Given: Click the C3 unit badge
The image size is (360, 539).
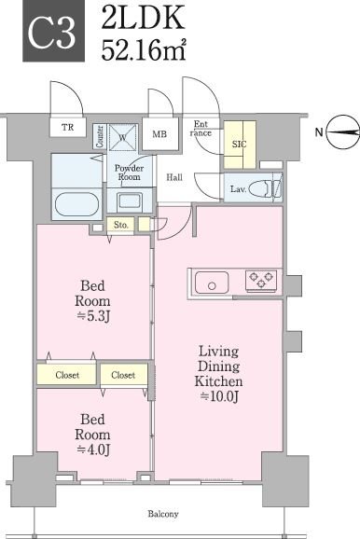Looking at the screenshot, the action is click(x=54, y=31).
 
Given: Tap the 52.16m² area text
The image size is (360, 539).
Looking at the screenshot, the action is click(x=144, y=50).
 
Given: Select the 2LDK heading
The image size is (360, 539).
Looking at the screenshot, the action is click(x=143, y=19).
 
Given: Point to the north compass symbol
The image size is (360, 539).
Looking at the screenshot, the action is click(x=342, y=132).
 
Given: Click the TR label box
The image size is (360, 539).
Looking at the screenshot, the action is click(x=68, y=128).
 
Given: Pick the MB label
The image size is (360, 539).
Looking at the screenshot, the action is click(x=159, y=134).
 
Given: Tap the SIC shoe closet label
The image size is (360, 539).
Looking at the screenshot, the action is click(x=240, y=144).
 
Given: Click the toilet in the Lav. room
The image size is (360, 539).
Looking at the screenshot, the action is click(x=265, y=189).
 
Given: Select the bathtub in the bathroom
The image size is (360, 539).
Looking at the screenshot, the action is click(x=77, y=204).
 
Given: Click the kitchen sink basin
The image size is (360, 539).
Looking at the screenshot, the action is click(x=212, y=283).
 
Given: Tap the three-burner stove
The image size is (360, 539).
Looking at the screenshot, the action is click(x=261, y=279).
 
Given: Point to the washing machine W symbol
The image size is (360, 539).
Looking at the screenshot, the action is click(x=123, y=137).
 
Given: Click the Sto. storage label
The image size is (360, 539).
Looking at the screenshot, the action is click(x=121, y=225).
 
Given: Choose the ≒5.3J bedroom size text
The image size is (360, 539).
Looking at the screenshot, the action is click(x=93, y=316).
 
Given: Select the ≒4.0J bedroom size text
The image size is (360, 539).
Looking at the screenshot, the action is click(x=93, y=449).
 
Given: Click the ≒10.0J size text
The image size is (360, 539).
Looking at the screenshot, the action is click(x=219, y=396).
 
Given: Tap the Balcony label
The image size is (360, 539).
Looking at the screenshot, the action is click(x=163, y=514).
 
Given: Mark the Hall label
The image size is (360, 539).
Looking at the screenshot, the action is click(x=174, y=177).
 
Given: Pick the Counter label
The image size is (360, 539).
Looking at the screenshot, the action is click(x=100, y=136).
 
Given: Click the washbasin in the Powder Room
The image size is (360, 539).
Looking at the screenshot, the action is click(x=130, y=200).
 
